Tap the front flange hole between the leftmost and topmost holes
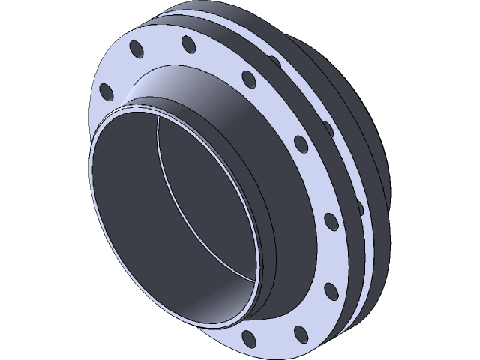[136, 49]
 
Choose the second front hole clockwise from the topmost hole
[299, 142]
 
